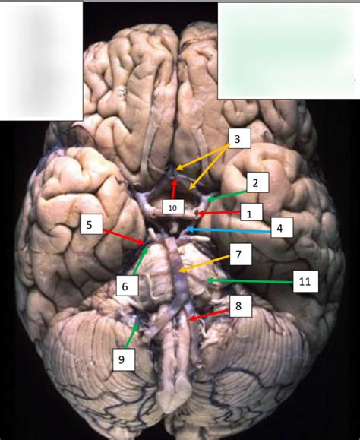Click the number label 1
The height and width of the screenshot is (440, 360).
251,213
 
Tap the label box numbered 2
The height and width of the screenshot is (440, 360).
257,182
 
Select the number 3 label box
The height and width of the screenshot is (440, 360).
240,138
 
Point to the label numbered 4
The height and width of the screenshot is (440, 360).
282,227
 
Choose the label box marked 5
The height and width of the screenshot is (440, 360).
91,224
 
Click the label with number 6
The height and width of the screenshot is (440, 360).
128,286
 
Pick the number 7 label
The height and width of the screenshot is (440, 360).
241,255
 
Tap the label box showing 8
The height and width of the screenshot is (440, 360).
241,306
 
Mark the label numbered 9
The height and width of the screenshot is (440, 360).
124,359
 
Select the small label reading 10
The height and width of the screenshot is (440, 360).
173,207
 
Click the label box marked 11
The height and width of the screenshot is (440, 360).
305,281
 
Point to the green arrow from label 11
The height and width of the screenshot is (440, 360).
250,280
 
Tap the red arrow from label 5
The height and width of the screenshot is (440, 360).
124,237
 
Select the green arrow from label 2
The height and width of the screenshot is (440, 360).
227,195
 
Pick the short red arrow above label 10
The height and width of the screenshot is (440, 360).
174,189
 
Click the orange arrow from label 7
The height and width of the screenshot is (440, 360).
204,264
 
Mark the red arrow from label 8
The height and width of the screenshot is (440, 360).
209,315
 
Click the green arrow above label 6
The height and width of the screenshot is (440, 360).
141,261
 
